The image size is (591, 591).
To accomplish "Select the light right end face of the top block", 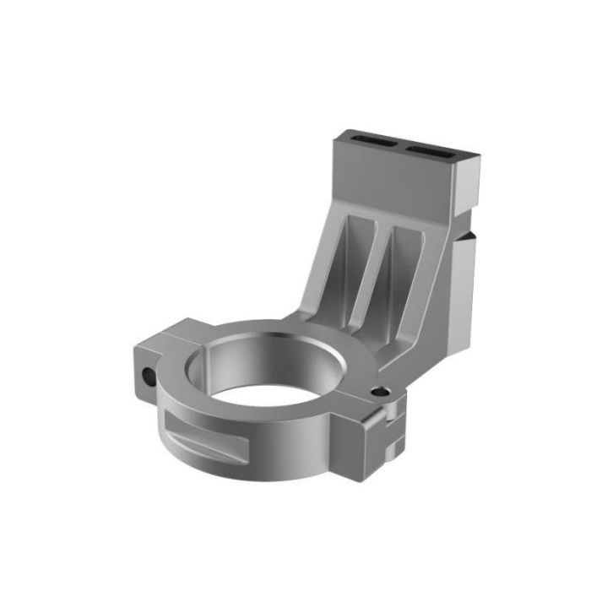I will point(471,177).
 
